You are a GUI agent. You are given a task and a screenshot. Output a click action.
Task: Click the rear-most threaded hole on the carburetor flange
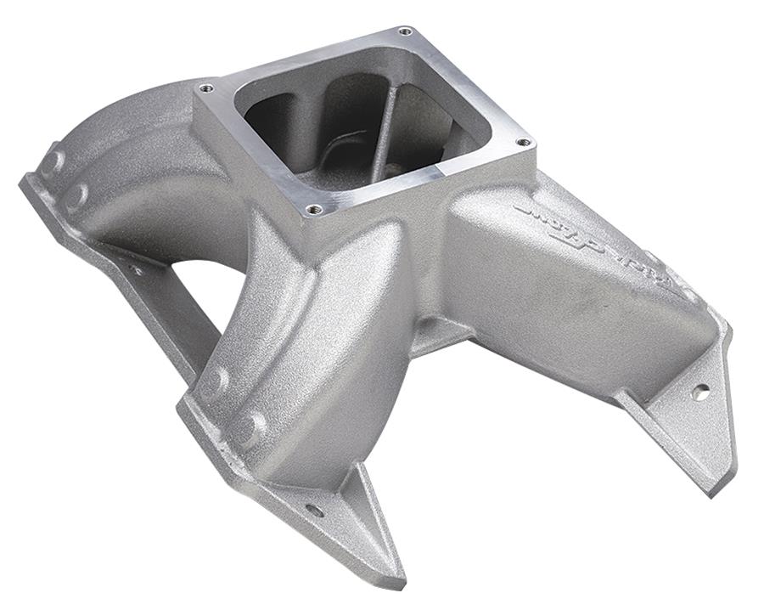point(404,31)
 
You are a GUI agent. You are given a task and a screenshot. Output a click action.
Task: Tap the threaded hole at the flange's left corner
point(205,88)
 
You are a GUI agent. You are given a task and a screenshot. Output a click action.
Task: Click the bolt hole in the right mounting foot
point(699,392)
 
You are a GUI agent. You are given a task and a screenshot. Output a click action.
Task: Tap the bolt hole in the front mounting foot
point(313,511)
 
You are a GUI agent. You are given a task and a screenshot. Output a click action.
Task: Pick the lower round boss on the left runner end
point(76,197)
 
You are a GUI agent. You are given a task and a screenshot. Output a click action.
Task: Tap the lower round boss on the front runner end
point(250,429)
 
